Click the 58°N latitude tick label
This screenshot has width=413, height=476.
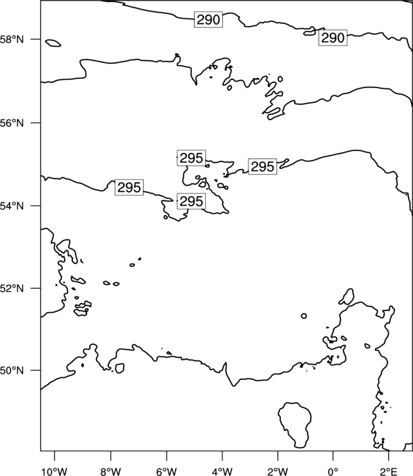point(11,39)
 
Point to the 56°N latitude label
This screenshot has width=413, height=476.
point(11,123)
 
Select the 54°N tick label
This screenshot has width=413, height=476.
point(11,206)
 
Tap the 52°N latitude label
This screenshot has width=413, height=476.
point(11,288)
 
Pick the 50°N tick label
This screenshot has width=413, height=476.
point(11,371)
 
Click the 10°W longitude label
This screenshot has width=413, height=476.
point(54,471)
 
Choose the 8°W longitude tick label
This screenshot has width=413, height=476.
point(111,471)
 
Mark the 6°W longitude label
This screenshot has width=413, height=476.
point(166,471)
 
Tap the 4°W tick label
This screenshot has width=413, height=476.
point(222,471)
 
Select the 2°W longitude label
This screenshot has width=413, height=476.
point(278,471)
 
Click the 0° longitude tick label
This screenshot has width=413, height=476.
point(334,471)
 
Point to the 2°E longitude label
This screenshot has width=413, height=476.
point(389,471)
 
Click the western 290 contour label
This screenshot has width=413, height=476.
point(208,20)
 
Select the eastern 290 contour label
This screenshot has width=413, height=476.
point(333,38)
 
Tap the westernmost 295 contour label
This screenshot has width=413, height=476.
point(129,187)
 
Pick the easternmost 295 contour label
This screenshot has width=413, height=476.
point(262,166)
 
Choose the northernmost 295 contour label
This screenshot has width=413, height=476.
point(191,158)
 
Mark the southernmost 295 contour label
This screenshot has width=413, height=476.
point(191,201)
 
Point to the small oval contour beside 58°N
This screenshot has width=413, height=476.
point(53,43)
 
